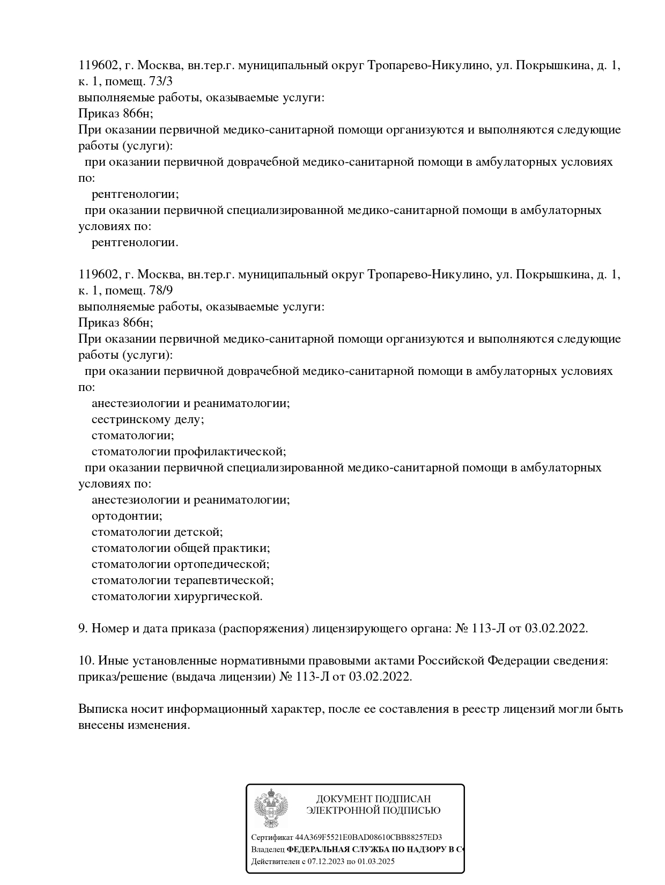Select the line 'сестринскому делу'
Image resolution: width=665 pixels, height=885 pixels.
[147, 419]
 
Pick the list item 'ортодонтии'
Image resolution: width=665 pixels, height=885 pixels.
[127, 516]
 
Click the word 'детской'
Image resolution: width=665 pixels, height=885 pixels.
[198, 532]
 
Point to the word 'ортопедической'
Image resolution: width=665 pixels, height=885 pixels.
[221, 564]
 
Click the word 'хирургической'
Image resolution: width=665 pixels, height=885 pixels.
[218, 596]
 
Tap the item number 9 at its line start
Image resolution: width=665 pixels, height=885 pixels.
[83, 628]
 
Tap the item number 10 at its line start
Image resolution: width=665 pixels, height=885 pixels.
[86, 660]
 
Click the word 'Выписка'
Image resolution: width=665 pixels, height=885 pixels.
[102, 709]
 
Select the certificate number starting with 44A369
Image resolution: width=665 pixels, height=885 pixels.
[368, 837]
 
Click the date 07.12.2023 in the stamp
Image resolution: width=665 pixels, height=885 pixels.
[325, 862]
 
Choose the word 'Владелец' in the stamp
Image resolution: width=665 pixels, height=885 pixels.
[268, 850]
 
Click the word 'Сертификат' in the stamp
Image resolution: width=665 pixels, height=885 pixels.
[272, 837]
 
